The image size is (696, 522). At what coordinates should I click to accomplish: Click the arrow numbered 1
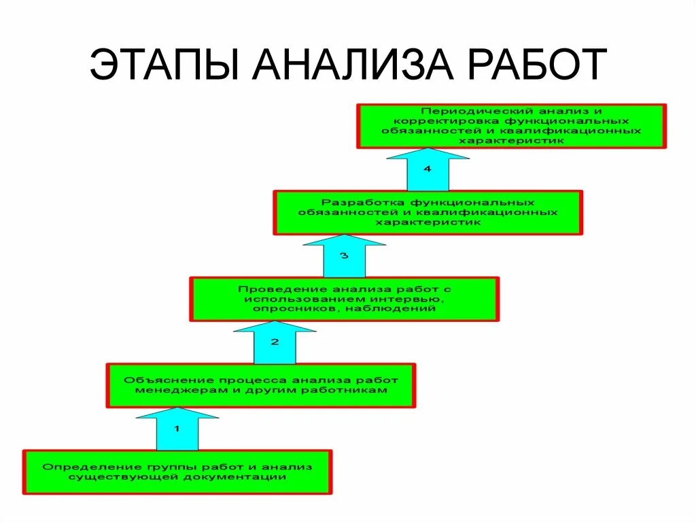coord(177,429)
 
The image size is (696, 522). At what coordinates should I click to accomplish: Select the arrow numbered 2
coord(275,342)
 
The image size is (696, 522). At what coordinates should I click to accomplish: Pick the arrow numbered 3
coord(345,256)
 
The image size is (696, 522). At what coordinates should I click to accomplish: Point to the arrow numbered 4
coord(428,169)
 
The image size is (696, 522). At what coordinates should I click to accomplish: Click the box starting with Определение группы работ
coord(177,472)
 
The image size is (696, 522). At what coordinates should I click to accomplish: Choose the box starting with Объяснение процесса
coord(261,385)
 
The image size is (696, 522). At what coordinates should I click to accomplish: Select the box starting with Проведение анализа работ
coord(345,299)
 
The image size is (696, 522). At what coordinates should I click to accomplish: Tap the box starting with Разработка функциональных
coord(428,212)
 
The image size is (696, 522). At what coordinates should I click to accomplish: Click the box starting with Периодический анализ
coord(511,126)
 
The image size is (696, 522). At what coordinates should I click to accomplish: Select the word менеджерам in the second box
coord(171,391)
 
